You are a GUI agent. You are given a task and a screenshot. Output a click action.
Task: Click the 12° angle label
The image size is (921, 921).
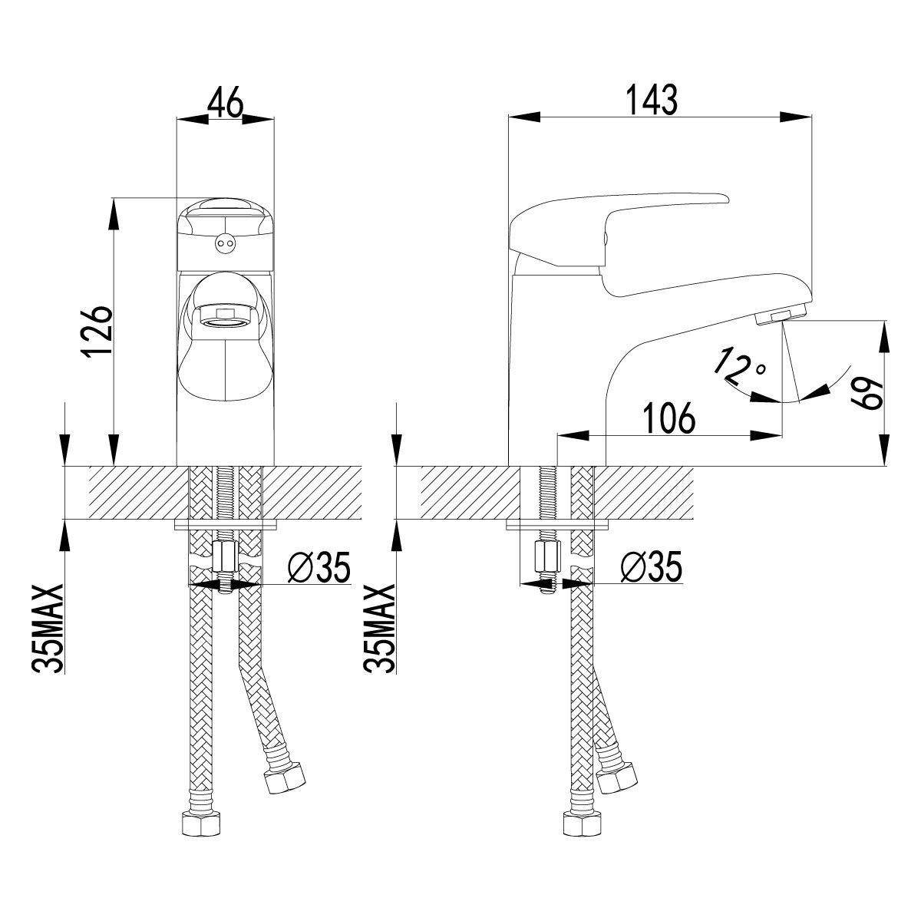[x=739, y=368]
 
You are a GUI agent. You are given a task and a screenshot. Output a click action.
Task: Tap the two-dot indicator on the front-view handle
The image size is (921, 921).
[x=224, y=243]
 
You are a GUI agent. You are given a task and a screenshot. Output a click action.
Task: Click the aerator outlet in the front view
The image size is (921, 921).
[x=224, y=317]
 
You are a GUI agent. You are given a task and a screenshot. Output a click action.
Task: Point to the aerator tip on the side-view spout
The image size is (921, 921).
[x=778, y=315]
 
